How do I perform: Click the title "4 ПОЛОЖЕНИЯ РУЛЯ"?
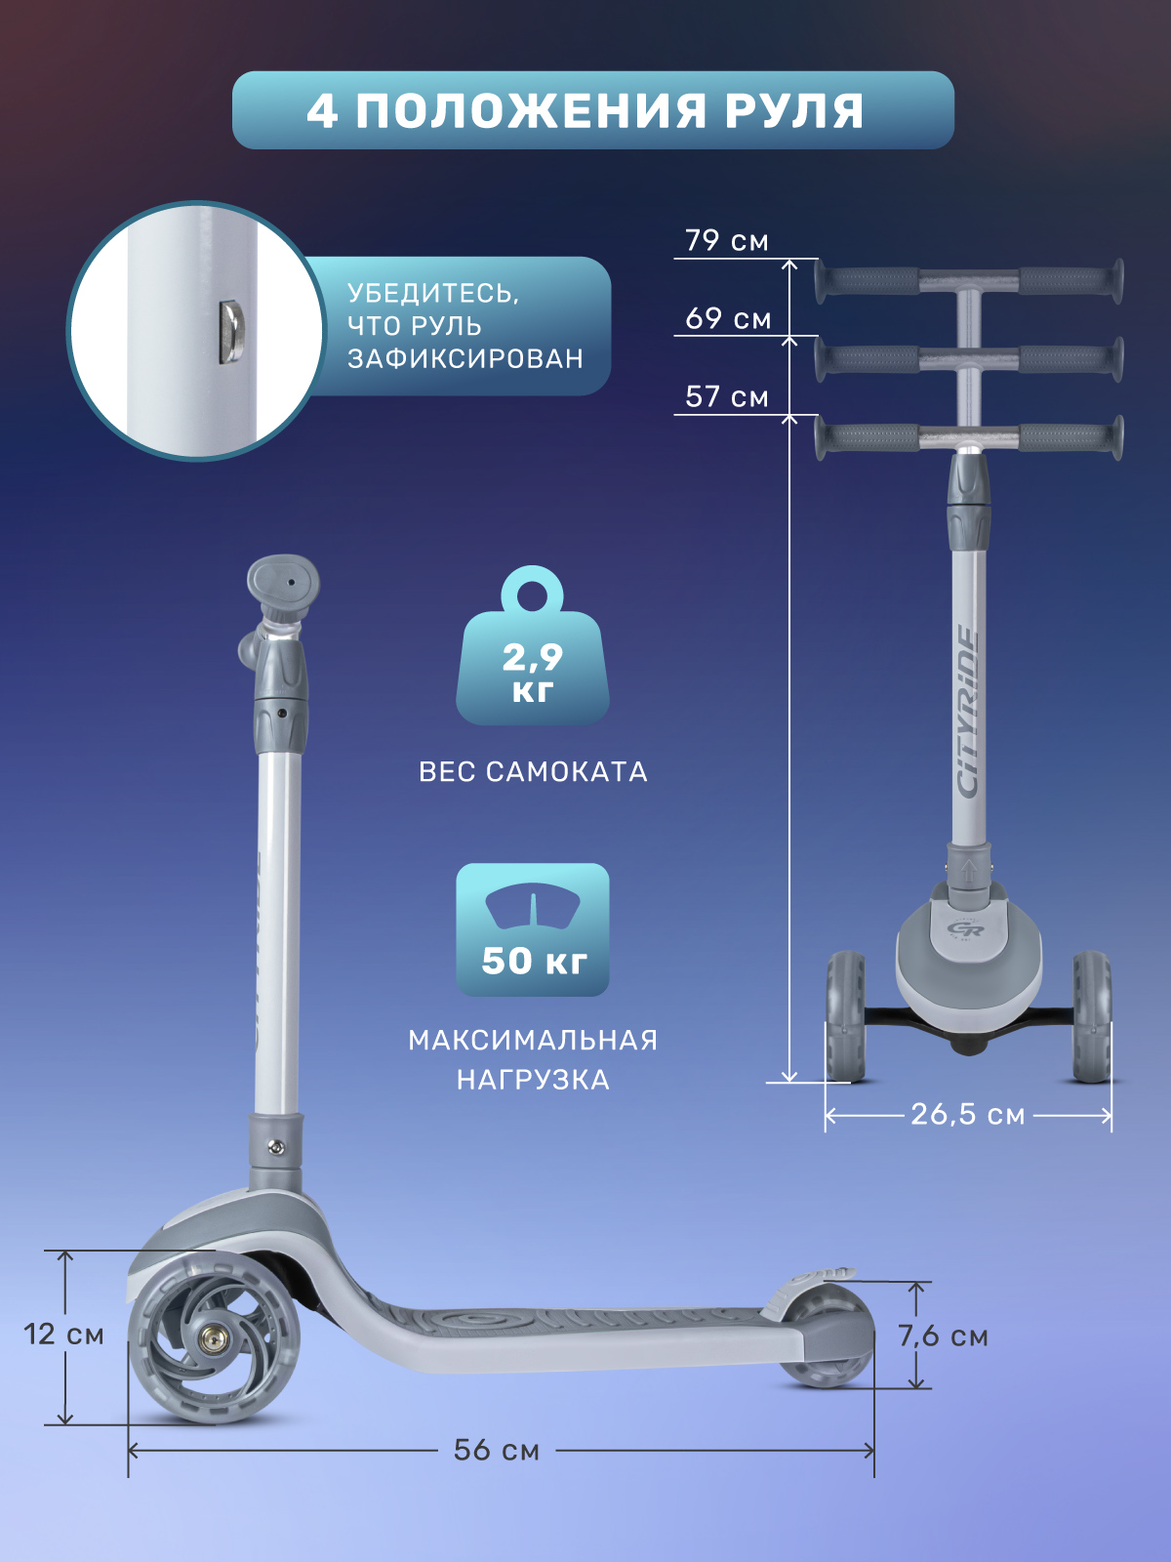click(585, 111)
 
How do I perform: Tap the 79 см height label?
click(727, 240)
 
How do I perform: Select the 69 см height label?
click(728, 318)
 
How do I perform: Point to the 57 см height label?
click(727, 396)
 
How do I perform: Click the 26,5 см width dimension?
click(968, 1115)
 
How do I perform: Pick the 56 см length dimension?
click(497, 1450)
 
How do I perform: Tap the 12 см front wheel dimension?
click(63, 1335)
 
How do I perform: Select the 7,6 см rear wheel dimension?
click(943, 1336)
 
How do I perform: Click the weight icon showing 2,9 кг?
click(533, 646)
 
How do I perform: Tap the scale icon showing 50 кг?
click(533, 929)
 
